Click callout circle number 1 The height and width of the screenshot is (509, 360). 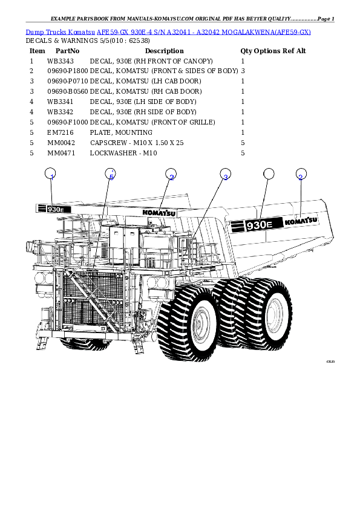click(51, 175)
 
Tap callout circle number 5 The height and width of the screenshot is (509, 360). click(110, 175)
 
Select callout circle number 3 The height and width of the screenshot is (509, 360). click(225, 175)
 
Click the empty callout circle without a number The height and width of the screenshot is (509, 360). click(269, 174)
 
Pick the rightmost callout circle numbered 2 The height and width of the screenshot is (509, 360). click(301, 175)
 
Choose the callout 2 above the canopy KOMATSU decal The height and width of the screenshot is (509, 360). click(171, 175)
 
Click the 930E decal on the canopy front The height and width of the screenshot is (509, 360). click(54, 209)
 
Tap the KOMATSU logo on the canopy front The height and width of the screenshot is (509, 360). click(159, 212)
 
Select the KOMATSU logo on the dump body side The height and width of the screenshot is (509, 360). click(301, 221)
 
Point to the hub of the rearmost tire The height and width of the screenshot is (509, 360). click(275, 314)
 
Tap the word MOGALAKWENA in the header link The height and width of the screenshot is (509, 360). click(249, 31)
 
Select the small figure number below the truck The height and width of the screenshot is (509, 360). click(330, 361)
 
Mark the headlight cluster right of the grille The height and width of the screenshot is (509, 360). click(159, 283)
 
